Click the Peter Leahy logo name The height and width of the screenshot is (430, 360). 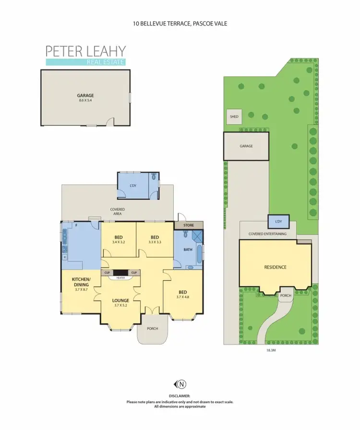[85, 51]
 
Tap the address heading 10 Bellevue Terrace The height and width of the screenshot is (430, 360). [180, 23]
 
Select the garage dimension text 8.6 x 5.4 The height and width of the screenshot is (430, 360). [85, 100]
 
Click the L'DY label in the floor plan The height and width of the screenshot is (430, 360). [133, 185]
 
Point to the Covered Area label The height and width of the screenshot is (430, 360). [118, 212]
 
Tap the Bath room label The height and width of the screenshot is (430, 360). [188, 249]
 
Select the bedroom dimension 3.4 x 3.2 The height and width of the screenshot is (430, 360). [118, 242]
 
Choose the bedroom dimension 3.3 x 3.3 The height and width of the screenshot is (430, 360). [155, 242]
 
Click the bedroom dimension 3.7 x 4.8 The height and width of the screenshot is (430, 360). [182, 296]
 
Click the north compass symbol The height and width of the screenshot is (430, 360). [181, 383]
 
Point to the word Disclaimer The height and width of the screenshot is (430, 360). [180, 396]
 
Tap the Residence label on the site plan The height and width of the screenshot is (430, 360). [275, 267]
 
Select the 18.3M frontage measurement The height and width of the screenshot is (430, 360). [271, 351]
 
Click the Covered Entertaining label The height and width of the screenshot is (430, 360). [267, 234]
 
